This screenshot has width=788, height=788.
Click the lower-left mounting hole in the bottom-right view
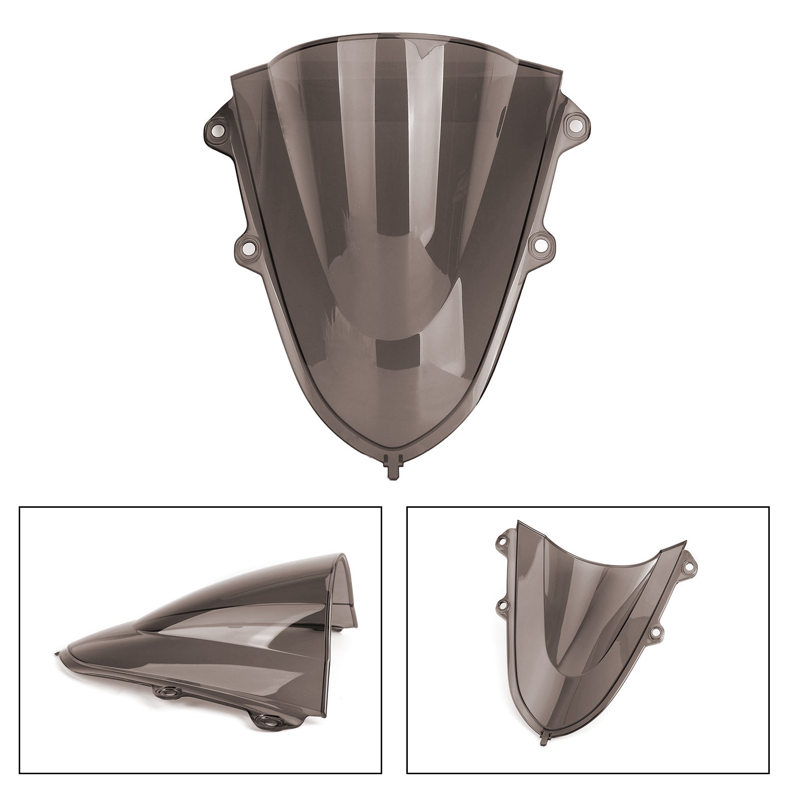pos(503,604)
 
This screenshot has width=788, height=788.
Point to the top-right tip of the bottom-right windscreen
pos(685,543)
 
